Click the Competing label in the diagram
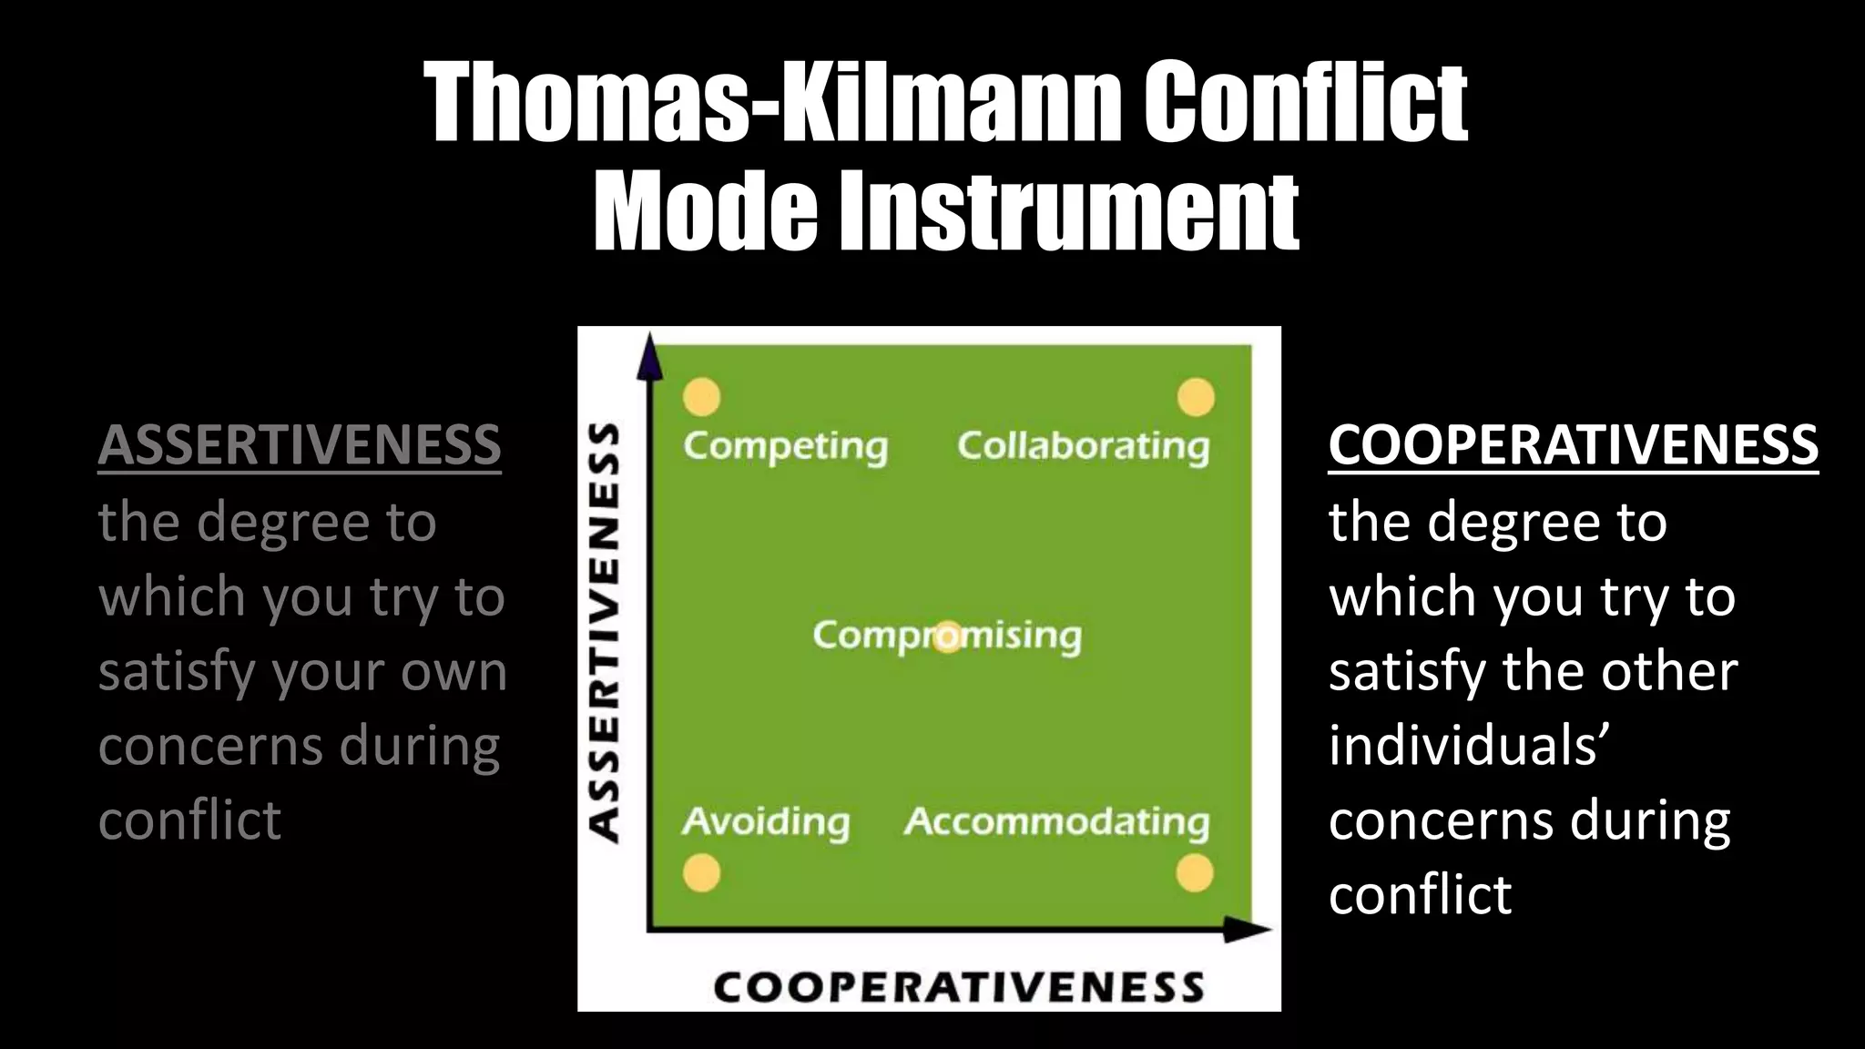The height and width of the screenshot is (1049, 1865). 785,446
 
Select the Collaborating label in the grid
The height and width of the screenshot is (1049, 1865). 1083,446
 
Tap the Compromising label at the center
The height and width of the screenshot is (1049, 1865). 947,636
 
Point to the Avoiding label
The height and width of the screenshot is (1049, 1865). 766,821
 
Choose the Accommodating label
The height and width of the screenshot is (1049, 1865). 1056,821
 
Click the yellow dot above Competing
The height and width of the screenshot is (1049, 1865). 702,397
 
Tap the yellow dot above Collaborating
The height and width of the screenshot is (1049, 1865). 1196,397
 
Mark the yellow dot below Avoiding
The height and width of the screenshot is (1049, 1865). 702,873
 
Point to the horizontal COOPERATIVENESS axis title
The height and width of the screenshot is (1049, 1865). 958,987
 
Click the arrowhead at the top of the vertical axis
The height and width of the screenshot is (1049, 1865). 648,355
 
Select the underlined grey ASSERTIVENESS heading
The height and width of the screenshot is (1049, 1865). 299,445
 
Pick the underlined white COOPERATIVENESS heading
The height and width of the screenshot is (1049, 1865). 1573,445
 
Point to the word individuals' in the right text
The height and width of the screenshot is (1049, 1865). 1464,746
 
